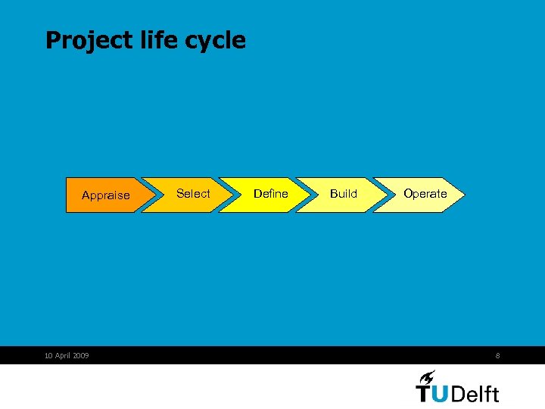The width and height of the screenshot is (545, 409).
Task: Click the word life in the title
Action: pos(157,39)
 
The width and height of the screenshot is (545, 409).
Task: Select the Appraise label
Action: pos(105,195)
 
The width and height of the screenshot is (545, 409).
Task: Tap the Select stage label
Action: pos(193,194)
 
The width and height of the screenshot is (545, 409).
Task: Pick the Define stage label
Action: pos(270,194)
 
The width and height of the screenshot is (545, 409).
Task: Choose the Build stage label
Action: pos(343,194)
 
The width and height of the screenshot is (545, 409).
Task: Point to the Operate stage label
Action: pos(425,194)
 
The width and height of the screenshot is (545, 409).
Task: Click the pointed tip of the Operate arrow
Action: pos(463,195)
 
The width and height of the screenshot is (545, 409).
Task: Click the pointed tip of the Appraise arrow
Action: pos(157,195)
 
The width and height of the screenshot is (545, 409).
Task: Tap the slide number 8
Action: pos(497,355)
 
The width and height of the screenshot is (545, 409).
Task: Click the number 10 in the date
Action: pos(49,355)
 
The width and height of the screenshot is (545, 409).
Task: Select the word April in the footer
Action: pos(63,355)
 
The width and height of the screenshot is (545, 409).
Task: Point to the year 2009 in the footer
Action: pos(80,355)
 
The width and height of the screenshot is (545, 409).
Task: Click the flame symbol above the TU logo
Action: pos(427,376)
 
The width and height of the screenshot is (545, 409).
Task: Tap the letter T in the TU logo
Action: pos(425,393)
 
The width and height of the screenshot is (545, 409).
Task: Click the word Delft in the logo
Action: pos(477,393)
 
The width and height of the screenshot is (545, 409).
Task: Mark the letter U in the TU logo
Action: pos(443,394)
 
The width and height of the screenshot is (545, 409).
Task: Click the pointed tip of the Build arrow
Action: pos(387,195)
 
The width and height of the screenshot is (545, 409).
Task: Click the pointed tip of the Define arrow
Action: pos(310,195)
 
